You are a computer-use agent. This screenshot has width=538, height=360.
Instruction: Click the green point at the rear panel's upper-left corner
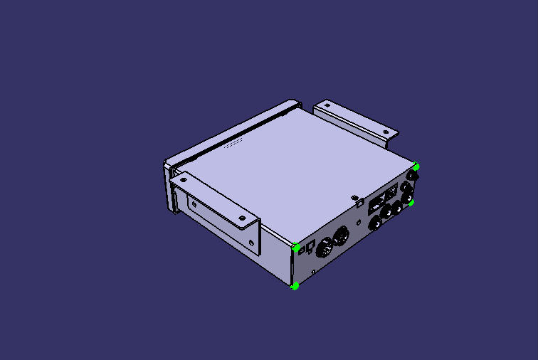(296, 247)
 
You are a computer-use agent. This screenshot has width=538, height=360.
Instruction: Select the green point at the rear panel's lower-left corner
(294, 286)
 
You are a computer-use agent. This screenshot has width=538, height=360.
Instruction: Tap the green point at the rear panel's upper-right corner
(416, 166)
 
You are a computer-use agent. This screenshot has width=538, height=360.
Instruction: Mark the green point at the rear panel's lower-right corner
(411, 203)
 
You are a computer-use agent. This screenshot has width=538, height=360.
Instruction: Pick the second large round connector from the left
(341, 235)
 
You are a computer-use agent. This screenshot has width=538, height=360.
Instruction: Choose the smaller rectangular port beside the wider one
(391, 192)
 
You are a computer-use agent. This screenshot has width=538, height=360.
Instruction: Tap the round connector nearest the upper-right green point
(411, 175)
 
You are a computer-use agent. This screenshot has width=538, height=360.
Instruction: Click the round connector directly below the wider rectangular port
(374, 223)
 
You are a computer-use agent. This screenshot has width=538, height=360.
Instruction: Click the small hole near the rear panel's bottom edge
(315, 271)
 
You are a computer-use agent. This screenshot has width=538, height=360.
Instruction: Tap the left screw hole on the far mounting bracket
(327, 105)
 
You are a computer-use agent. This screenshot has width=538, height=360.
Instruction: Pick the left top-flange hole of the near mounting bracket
(184, 180)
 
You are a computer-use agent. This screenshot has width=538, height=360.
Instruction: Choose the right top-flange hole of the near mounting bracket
(242, 218)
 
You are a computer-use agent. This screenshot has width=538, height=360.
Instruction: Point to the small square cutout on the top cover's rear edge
(354, 197)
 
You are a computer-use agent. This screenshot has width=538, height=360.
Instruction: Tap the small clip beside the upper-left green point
(308, 248)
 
